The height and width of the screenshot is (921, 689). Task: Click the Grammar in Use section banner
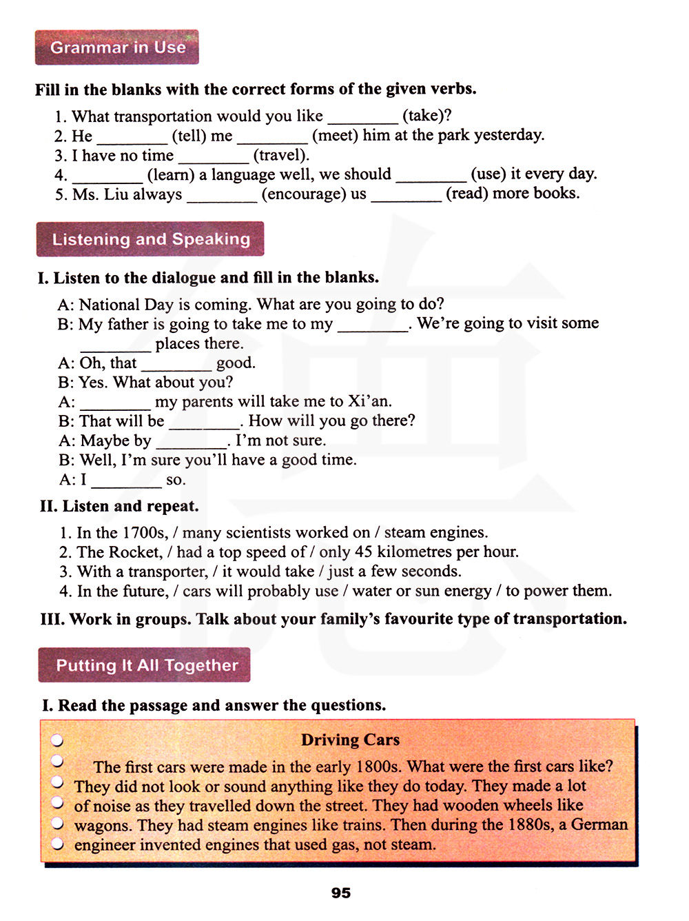(x=117, y=47)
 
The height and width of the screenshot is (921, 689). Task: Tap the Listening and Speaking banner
(x=150, y=239)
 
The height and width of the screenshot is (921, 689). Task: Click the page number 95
(x=341, y=893)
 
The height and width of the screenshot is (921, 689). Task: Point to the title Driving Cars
(x=350, y=740)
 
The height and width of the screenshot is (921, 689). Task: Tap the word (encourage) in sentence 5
(x=303, y=194)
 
